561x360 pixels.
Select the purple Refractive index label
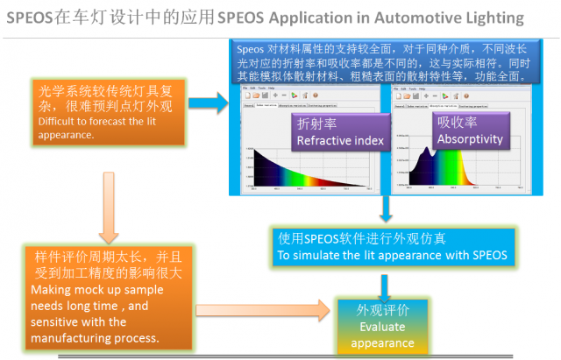click(x=341, y=134)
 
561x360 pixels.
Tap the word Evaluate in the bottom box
click(x=382, y=328)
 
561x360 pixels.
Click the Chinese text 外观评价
click(x=382, y=312)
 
